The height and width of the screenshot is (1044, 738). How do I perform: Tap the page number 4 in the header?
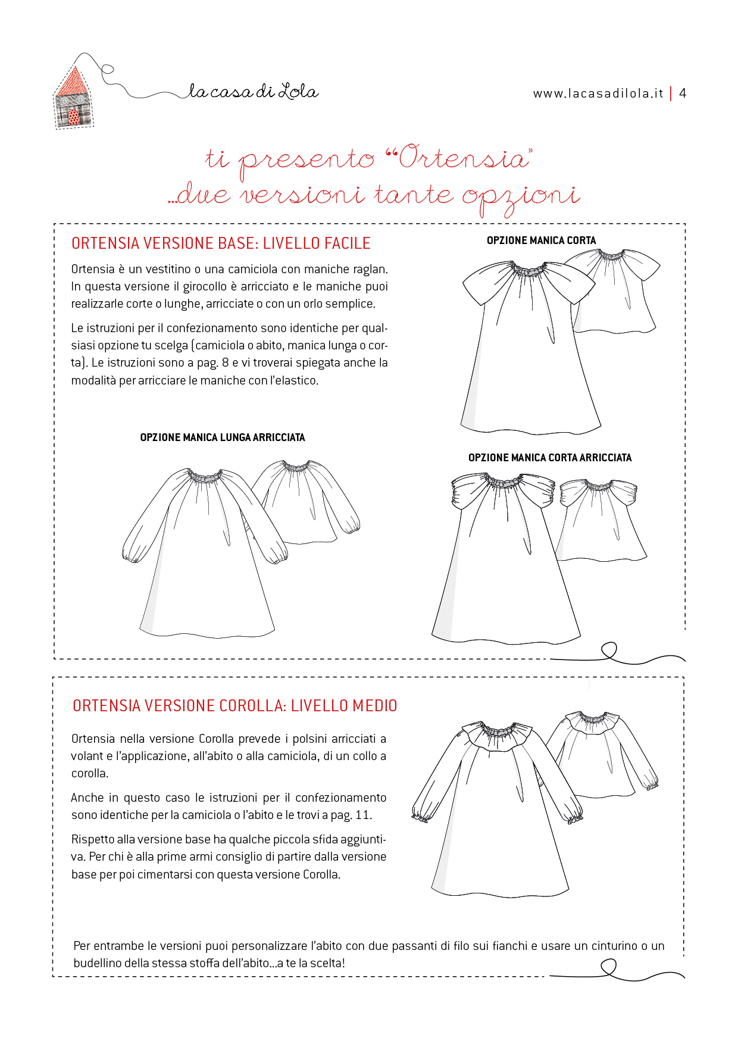pyautogui.click(x=683, y=93)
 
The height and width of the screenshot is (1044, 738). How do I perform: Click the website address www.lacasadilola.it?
pyautogui.click(x=598, y=93)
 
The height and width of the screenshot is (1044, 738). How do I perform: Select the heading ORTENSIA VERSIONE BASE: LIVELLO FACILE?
pyautogui.click(x=221, y=243)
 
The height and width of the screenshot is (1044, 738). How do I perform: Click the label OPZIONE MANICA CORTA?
pyautogui.click(x=541, y=240)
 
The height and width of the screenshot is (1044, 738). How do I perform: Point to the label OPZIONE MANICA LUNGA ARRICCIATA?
pyautogui.click(x=222, y=437)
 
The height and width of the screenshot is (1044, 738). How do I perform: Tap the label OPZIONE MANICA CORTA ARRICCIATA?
pyautogui.click(x=549, y=458)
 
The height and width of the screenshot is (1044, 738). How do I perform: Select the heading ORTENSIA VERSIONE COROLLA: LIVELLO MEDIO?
pyautogui.click(x=234, y=706)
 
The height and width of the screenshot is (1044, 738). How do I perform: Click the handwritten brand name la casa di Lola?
pyautogui.click(x=254, y=92)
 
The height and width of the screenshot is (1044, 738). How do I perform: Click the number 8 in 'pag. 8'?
pyautogui.click(x=225, y=362)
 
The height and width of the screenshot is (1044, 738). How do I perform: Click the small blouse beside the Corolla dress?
pyautogui.click(x=601, y=756)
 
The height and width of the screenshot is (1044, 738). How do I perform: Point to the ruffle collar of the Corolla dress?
pyautogui.click(x=499, y=735)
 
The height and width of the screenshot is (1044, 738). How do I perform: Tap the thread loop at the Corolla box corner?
pyautogui.click(x=609, y=968)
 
